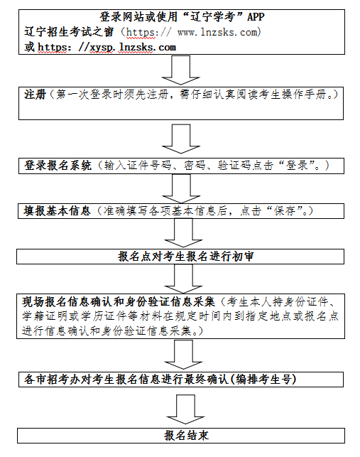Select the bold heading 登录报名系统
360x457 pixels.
(x=58, y=166)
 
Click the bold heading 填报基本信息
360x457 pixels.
(x=58, y=211)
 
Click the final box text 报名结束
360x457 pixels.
(x=186, y=436)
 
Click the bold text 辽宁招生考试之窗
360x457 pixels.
(x=67, y=33)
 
